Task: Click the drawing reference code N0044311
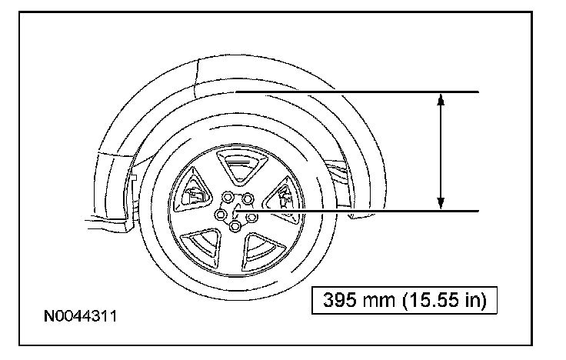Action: point(80,316)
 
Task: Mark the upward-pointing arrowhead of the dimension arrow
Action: point(441,100)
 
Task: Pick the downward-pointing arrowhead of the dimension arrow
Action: point(441,203)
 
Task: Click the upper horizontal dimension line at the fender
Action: point(358,92)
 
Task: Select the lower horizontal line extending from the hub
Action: point(358,211)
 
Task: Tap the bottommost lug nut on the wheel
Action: point(235,226)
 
